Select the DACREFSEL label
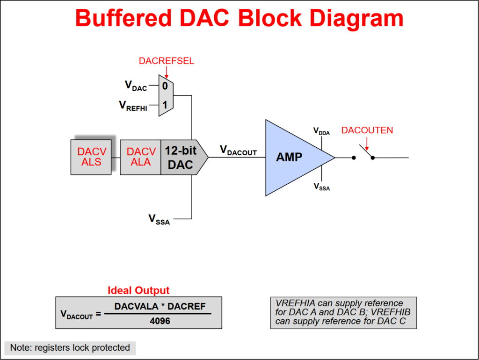pos(166,61)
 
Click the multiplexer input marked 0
pos(165,86)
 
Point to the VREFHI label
pos(133,106)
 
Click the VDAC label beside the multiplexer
pos(136,86)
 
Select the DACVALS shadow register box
pos(91,157)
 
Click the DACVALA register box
pos(141,157)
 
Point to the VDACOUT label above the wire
pos(238,151)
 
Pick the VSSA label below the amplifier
pos(321,187)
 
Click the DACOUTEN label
pos(367,130)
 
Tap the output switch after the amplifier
pos(364,153)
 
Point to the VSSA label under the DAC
pos(159,219)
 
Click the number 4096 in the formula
pos(161,321)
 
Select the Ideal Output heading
pos(138,290)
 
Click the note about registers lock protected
pos(70,348)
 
